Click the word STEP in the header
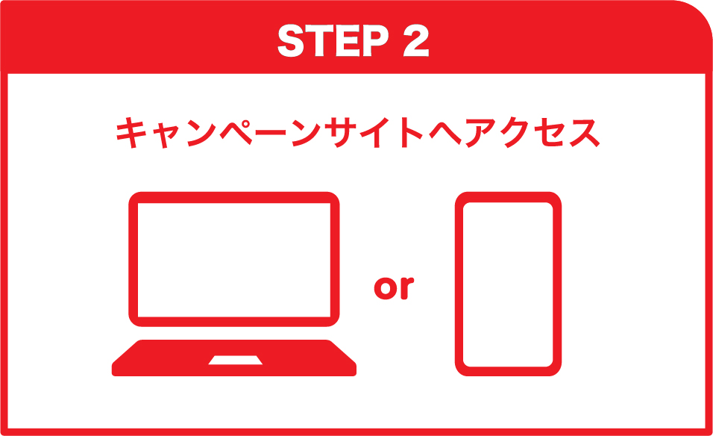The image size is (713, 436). pos(333,40)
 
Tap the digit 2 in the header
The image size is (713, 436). pos(416,40)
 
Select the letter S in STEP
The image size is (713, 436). pos(291,40)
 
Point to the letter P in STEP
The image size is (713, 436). pos(376,40)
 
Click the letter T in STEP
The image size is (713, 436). pos(318,40)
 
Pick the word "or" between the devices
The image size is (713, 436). pos(394,287)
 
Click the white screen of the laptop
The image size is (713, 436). pos(234,259)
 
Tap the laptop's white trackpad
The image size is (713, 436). pos(235,360)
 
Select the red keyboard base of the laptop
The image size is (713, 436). pos(234,358)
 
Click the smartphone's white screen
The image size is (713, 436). pos(508,284)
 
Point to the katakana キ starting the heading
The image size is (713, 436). pos(131,132)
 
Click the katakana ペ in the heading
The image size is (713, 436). pos(236,132)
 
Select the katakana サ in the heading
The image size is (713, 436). pos(342,132)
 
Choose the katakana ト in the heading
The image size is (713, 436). pos(412,132)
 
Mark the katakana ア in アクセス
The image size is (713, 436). pos(480,134)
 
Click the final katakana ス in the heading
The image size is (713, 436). pos(584,134)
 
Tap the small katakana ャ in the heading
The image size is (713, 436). pos(166,136)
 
